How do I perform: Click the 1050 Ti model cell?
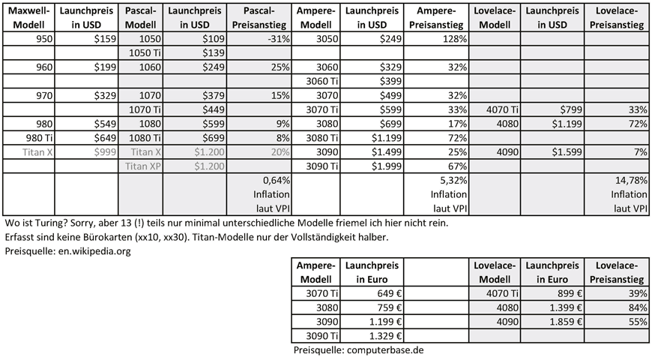[144, 52]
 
